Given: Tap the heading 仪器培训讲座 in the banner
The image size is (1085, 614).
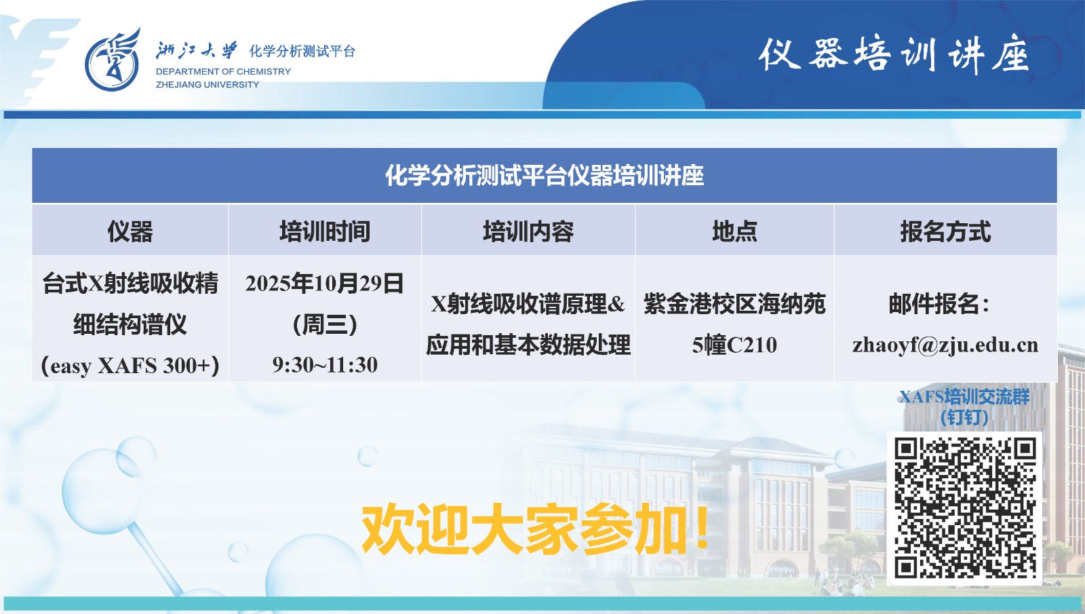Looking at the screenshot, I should click(x=893, y=54).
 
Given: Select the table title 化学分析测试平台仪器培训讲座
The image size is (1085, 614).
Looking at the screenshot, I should click(x=544, y=176).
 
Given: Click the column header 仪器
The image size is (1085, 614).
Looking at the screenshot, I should click(x=130, y=231).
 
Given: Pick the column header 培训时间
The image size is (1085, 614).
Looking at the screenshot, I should click(x=325, y=231).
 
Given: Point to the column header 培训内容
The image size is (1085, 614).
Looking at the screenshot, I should click(x=528, y=231).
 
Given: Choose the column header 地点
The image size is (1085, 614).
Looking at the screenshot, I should click(x=734, y=231).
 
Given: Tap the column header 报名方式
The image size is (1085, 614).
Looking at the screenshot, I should click(x=945, y=231).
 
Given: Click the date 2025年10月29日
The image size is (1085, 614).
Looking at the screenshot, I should click(x=325, y=283).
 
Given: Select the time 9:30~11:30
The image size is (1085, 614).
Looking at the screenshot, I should click(x=325, y=365).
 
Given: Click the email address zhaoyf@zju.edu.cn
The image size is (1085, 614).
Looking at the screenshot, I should click(x=945, y=345).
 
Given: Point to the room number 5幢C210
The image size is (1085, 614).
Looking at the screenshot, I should click(x=734, y=345).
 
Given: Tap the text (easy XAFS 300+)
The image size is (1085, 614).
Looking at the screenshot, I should click(x=130, y=366).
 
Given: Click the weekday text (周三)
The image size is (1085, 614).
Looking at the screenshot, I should click(x=325, y=324).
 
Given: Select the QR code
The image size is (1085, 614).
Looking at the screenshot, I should click(x=964, y=508).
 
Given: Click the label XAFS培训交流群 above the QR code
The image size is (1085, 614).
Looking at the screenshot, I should click(x=964, y=397).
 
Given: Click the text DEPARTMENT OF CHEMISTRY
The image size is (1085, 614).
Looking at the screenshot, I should click(x=223, y=71).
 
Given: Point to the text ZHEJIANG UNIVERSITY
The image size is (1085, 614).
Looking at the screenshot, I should click(x=208, y=85).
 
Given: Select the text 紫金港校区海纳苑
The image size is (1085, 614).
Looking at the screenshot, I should click(x=734, y=304).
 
